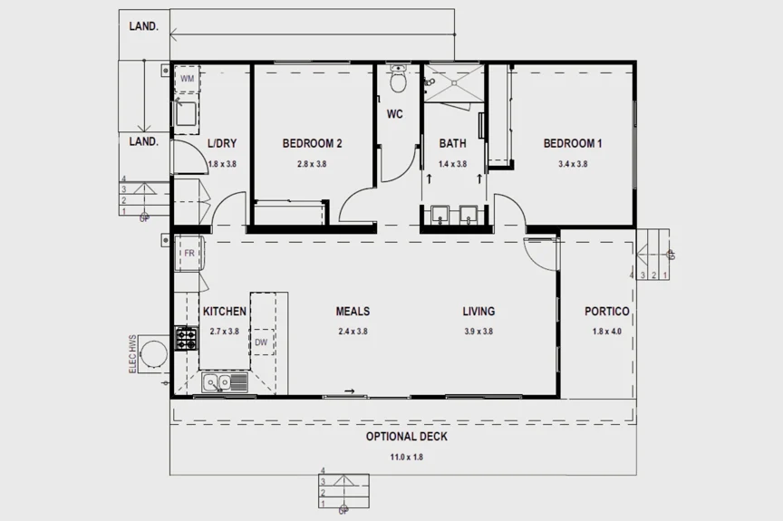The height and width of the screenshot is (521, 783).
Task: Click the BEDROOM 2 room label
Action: (x=312, y=143)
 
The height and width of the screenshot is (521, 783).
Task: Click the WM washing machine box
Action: (x=187, y=79)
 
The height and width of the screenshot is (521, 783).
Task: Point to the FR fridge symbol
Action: (x=188, y=253)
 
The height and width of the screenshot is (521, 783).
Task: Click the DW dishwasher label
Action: (x=260, y=343)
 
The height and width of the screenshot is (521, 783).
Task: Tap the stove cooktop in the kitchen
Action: (x=186, y=340)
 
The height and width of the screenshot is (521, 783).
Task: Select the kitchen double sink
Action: (x=223, y=383)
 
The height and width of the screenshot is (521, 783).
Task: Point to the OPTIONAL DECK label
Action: (x=406, y=437)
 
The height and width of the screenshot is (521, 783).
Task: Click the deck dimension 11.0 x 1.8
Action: (x=406, y=457)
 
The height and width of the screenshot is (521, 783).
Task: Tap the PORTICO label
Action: (x=606, y=312)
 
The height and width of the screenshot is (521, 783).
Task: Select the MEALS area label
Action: (x=353, y=312)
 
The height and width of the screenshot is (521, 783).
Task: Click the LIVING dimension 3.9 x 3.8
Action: (x=478, y=332)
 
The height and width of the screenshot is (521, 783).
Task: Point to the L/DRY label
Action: (x=223, y=143)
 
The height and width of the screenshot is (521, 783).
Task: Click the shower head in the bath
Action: (x=429, y=82)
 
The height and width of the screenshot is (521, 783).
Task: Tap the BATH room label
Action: (x=453, y=143)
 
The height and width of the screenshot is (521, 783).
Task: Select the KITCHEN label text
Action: (x=224, y=312)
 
